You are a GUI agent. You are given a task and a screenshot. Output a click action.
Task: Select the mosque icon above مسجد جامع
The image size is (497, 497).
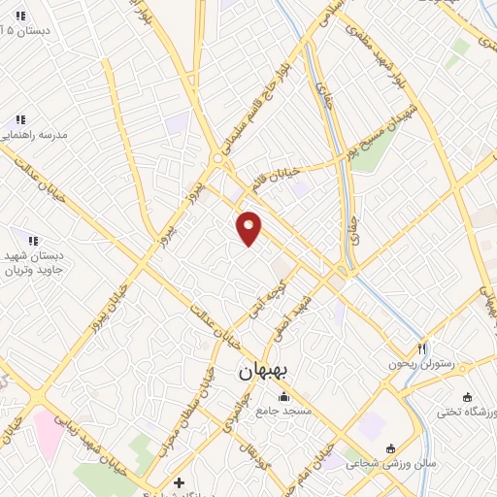(x=283, y=396)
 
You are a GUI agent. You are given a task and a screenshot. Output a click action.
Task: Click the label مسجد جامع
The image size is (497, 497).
(x=284, y=412)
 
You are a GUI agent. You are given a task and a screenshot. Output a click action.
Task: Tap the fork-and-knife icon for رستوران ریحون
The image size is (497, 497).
(x=422, y=348)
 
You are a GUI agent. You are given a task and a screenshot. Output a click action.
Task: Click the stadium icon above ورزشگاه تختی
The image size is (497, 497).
(x=467, y=397)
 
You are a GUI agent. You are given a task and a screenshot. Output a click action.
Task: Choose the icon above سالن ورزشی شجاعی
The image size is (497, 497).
(x=390, y=448)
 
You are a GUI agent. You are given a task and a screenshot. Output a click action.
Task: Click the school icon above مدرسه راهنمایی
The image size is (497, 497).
(x=20, y=119)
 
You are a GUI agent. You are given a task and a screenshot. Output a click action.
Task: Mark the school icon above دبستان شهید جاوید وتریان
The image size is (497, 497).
(x=32, y=240)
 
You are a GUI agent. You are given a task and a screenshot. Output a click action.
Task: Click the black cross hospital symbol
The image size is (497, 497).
(x=179, y=482)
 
